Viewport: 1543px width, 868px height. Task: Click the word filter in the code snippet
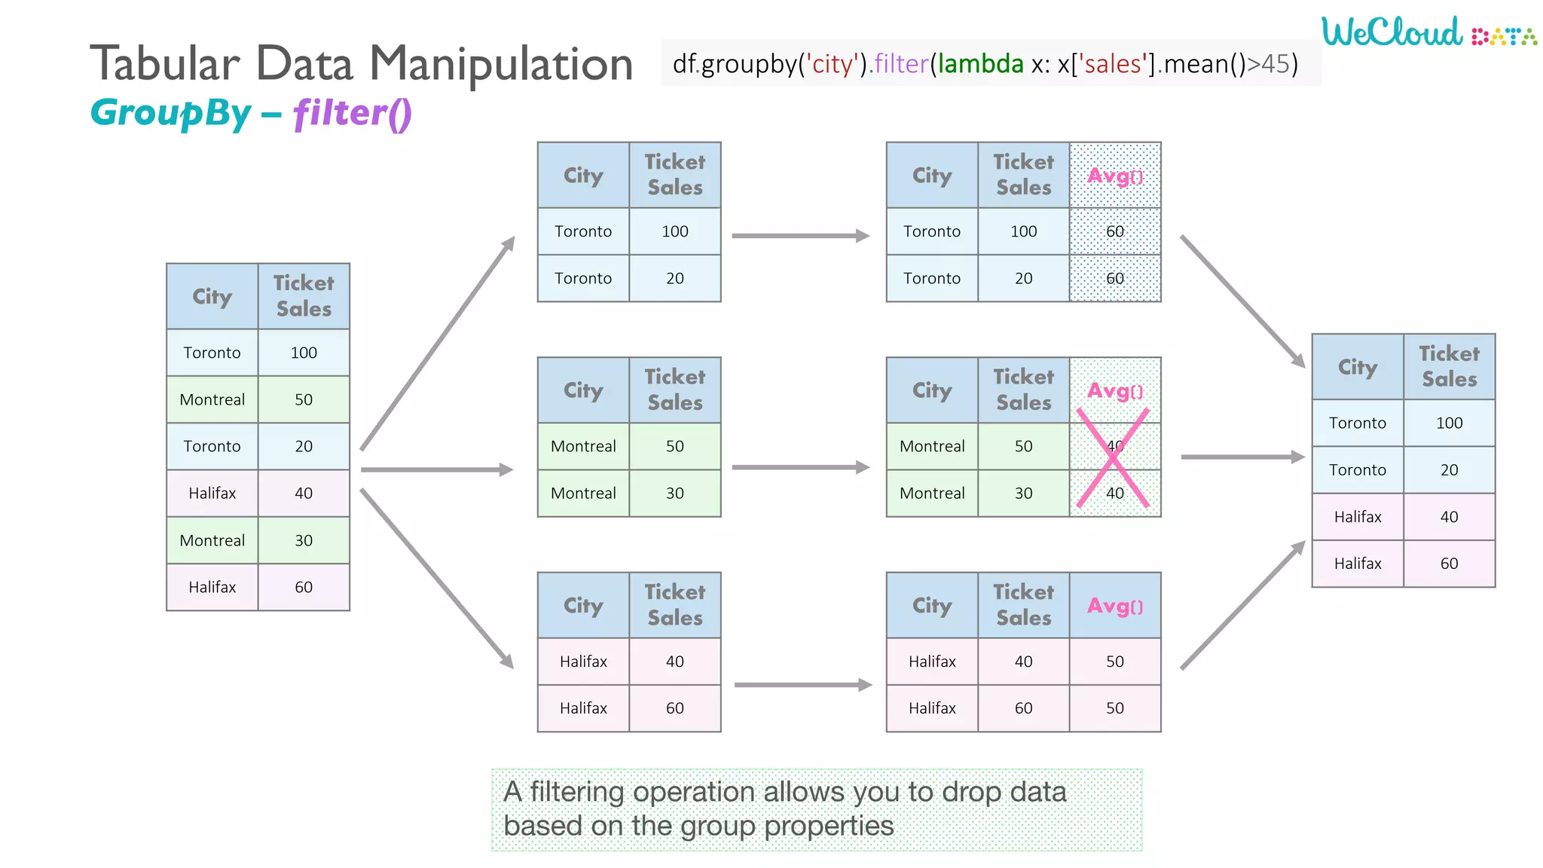pos(901,64)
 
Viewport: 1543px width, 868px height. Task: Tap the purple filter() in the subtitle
pos(352,113)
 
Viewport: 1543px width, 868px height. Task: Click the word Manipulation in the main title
pos(500,63)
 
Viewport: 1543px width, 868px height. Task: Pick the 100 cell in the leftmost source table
pos(304,353)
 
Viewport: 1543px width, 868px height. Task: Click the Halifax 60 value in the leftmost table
pos(304,587)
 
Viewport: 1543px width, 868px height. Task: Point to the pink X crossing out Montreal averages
pos(1114,458)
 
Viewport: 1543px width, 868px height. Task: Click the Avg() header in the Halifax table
pos(1115,606)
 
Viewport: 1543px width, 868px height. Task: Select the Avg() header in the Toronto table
pos(1115,176)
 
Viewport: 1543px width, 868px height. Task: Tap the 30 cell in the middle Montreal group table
pos(674,494)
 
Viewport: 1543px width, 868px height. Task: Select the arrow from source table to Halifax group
pos(437,579)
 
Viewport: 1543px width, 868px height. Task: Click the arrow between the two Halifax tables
pos(802,685)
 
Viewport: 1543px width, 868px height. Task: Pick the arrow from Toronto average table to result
pos(1242,301)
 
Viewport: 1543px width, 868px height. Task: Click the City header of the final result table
pos(1357,367)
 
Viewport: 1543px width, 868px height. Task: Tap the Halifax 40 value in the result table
pos(1449,517)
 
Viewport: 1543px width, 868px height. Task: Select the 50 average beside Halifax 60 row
pos(1115,708)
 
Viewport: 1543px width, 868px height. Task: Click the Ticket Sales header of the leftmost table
pos(304,296)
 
